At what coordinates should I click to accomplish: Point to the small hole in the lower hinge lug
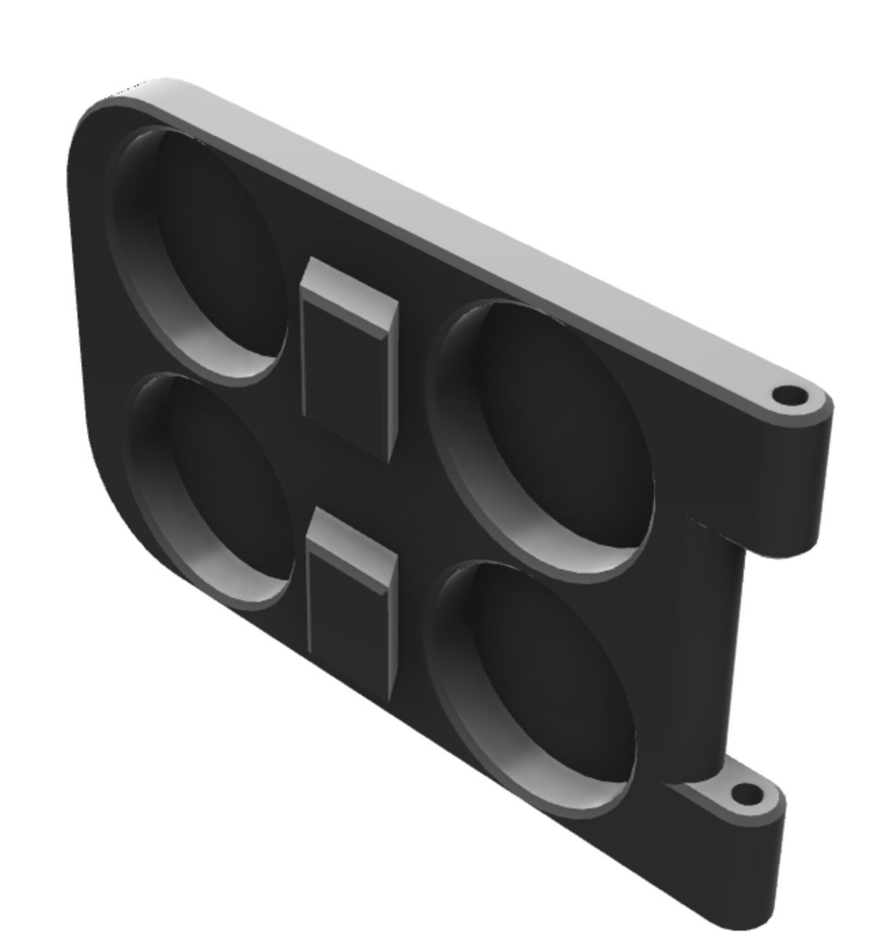[x=746, y=793]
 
